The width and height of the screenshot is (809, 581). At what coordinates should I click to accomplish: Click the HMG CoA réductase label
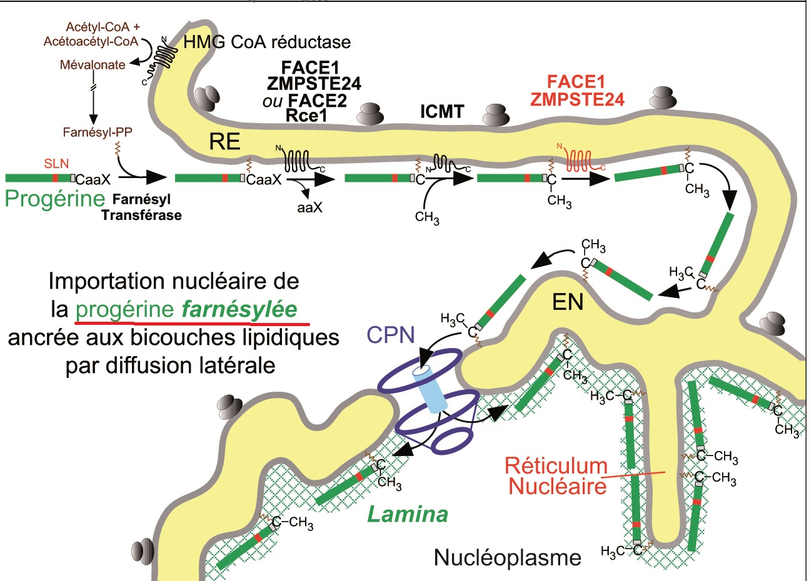pyautogui.click(x=267, y=42)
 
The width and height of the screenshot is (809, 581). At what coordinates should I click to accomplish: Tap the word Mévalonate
pyautogui.click(x=93, y=64)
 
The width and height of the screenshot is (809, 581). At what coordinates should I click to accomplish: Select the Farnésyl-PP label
pyautogui.click(x=98, y=132)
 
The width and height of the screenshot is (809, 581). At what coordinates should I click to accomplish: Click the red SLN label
pyautogui.click(x=57, y=164)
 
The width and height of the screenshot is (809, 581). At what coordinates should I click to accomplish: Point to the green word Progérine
pyautogui.click(x=54, y=199)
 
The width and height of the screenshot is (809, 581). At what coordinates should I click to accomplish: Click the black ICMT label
pyautogui.click(x=442, y=112)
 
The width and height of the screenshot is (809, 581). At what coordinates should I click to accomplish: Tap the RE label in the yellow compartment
pyautogui.click(x=224, y=142)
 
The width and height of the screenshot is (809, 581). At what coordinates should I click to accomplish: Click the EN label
pyautogui.click(x=568, y=302)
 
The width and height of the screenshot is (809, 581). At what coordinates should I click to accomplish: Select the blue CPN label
pyautogui.click(x=391, y=335)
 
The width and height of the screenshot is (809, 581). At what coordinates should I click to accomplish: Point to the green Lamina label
pyautogui.click(x=408, y=514)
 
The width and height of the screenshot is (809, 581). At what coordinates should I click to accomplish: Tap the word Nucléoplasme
pyautogui.click(x=508, y=557)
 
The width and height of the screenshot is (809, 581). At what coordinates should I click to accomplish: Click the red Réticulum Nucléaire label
pyautogui.click(x=556, y=475)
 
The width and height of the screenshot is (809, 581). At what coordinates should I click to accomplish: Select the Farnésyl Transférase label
pyautogui.click(x=142, y=207)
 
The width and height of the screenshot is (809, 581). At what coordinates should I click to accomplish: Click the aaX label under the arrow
pyautogui.click(x=309, y=207)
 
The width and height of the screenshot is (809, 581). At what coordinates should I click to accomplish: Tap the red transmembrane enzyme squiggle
pyautogui.click(x=581, y=160)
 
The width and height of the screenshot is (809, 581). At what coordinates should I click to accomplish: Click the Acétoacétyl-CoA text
pyautogui.click(x=91, y=41)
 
